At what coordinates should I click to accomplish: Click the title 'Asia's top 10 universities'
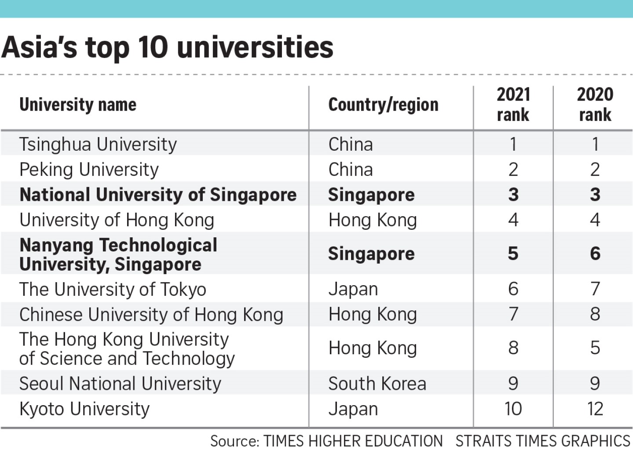coord(167,47)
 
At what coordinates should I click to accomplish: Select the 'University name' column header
coord(78,105)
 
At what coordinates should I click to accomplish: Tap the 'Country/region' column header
coord(383,105)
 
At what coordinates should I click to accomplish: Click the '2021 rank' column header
coord(513,105)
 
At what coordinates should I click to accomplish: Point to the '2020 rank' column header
coord(595,105)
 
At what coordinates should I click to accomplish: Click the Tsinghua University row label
coord(98,145)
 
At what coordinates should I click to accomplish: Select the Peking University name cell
coord(89,170)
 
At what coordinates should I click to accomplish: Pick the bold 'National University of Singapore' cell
coord(158,195)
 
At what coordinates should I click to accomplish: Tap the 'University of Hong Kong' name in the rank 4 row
coord(117,220)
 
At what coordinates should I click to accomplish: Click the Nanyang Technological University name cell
coord(118,254)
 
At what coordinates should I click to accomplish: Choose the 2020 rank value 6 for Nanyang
coord(595,254)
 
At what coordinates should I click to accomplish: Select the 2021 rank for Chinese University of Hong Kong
coord(513,314)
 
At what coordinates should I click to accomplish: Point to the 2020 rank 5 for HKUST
coord(595,348)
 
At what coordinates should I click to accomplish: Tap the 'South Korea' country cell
coord(377,384)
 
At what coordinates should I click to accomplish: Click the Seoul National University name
coord(120,384)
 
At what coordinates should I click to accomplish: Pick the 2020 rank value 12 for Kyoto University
coord(595,409)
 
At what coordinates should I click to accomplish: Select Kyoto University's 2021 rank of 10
coord(513,409)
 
